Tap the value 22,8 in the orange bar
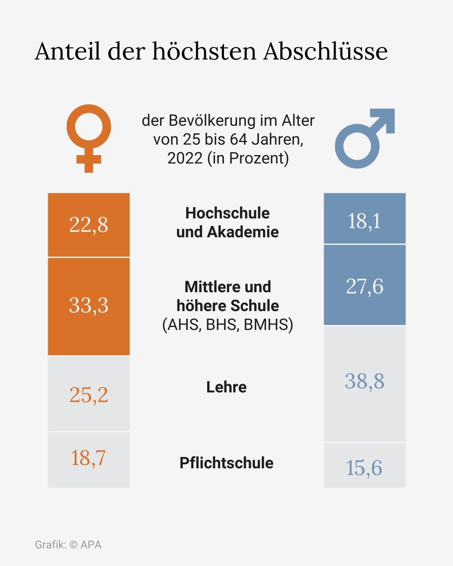point(89,225)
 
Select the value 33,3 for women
point(89,305)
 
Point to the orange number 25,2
point(89,395)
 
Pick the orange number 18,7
point(89,458)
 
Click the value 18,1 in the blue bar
point(364,221)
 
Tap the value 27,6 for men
point(364,286)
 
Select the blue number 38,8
point(364,382)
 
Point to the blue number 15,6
point(364,468)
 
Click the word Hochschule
point(227,213)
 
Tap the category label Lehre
point(226,387)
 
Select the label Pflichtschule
point(226,463)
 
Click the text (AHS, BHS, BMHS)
point(227,325)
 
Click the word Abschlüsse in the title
point(325,51)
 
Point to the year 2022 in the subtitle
point(185,158)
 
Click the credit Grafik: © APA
point(68,545)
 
